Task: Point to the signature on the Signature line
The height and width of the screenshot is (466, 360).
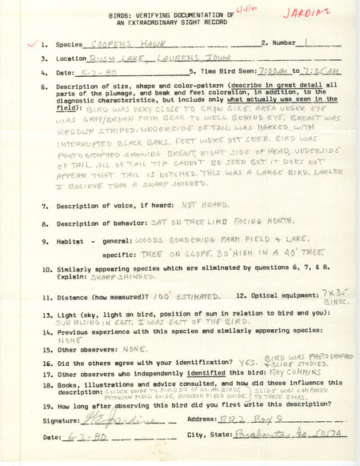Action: click(x=82, y=419)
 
